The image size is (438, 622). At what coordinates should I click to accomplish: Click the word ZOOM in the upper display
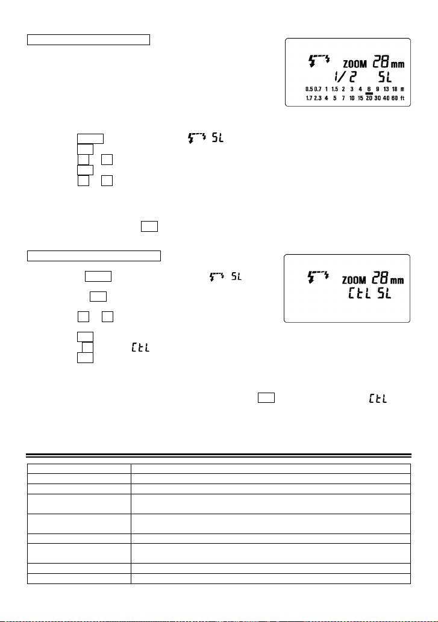355,63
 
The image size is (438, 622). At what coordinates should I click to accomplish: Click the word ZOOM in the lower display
355,280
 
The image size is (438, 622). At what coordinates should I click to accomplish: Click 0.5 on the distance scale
309,89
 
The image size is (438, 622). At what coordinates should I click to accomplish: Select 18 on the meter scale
394,89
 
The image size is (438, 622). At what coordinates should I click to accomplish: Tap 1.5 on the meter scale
334,89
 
